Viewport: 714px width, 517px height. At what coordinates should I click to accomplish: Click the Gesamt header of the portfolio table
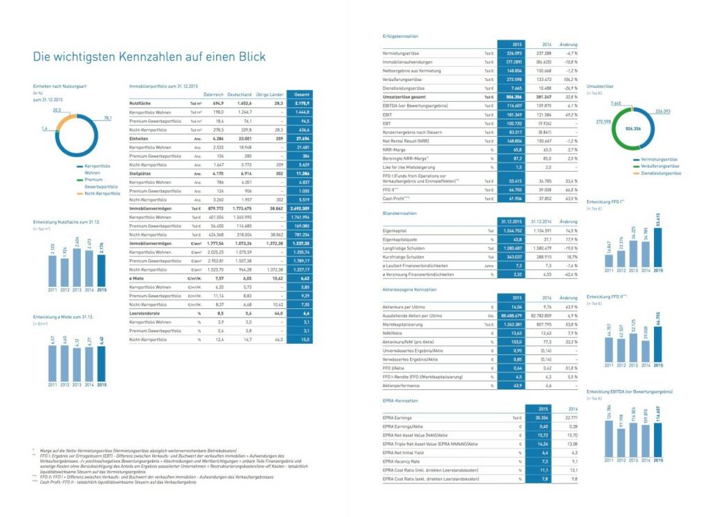click(301, 93)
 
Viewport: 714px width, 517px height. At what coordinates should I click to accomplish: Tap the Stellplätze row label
click(142, 172)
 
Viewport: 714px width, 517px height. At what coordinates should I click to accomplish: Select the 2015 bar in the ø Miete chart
click(102, 363)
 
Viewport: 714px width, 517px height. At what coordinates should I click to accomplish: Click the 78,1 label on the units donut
click(107, 118)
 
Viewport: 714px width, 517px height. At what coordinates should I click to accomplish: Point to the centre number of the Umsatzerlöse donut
click(634, 129)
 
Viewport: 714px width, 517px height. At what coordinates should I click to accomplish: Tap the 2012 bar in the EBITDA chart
click(623, 440)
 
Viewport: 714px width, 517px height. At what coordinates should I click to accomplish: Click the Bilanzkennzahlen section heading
click(400, 212)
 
